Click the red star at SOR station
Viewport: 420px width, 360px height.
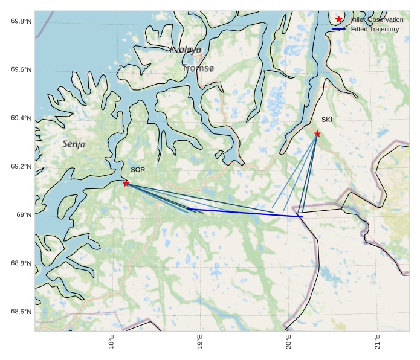click(126, 184)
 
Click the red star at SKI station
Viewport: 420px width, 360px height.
click(317, 133)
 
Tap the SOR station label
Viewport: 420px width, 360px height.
click(138, 170)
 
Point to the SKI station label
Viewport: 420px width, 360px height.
click(326, 120)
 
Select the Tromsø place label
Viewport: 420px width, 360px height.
click(198, 69)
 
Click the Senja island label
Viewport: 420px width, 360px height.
click(74, 144)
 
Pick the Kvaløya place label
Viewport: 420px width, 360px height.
click(185, 50)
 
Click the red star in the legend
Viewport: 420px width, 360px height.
click(339, 19)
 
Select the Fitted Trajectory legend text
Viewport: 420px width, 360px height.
click(375, 29)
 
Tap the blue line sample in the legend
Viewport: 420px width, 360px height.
click(339, 29)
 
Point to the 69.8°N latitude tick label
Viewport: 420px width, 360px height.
click(21, 22)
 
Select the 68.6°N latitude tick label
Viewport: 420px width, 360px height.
click(21, 312)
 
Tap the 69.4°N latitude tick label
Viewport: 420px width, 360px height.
click(21, 118)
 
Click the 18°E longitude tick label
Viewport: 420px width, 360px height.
click(111, 342)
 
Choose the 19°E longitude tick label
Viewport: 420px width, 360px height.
click(200, 342)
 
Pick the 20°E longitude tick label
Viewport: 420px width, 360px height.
click(289, 342)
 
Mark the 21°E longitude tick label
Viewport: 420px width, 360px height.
click(378, 342)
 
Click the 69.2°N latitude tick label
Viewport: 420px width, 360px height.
click(21, 167)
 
